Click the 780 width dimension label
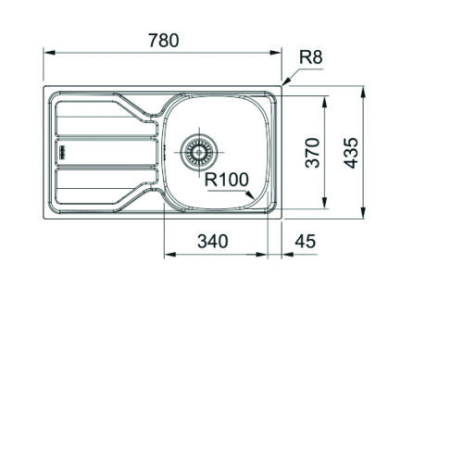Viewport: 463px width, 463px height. tap(164, 41)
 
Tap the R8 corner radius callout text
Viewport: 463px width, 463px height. tap(311, 57)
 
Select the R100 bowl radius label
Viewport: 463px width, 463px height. tap(227, 180)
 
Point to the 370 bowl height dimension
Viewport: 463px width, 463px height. tap(312, 153)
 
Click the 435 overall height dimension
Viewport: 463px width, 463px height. tap(351, 153)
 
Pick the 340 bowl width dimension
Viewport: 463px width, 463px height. tap(213, 242)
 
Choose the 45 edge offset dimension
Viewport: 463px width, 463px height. tap(306, 242)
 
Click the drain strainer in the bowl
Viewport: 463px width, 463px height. tap(199, 152)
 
